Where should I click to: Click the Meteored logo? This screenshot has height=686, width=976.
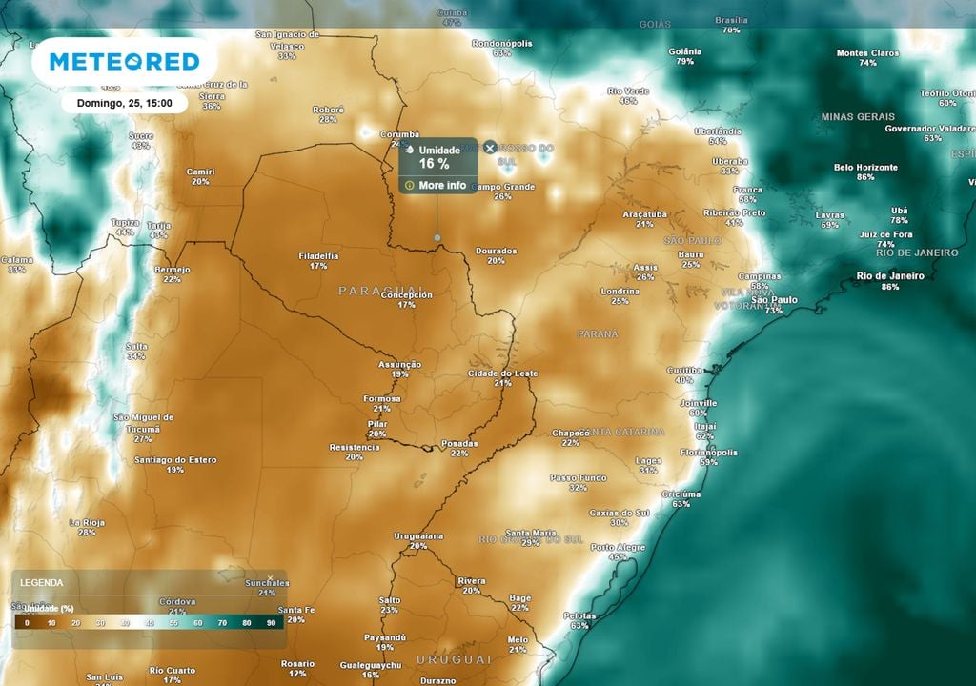124,62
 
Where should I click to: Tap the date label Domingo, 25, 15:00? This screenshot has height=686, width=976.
125,103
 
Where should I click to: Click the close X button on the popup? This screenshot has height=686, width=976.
490,148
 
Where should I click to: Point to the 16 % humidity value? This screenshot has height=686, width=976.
434,164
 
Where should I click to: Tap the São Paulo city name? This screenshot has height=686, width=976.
774,300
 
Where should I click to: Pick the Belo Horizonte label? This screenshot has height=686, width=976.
865,168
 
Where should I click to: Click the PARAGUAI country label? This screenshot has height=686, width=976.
381,290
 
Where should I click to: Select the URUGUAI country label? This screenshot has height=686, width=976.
453,659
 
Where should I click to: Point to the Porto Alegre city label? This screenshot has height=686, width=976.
618,548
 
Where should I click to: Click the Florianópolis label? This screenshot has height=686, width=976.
708,453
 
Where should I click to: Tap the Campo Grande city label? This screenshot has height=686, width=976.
503,187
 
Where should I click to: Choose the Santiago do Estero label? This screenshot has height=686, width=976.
175,460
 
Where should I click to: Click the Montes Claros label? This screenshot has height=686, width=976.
867,53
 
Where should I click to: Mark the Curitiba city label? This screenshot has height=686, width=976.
683,370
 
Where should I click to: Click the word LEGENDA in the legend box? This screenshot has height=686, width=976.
42,582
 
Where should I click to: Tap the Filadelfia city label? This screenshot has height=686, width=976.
318,255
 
